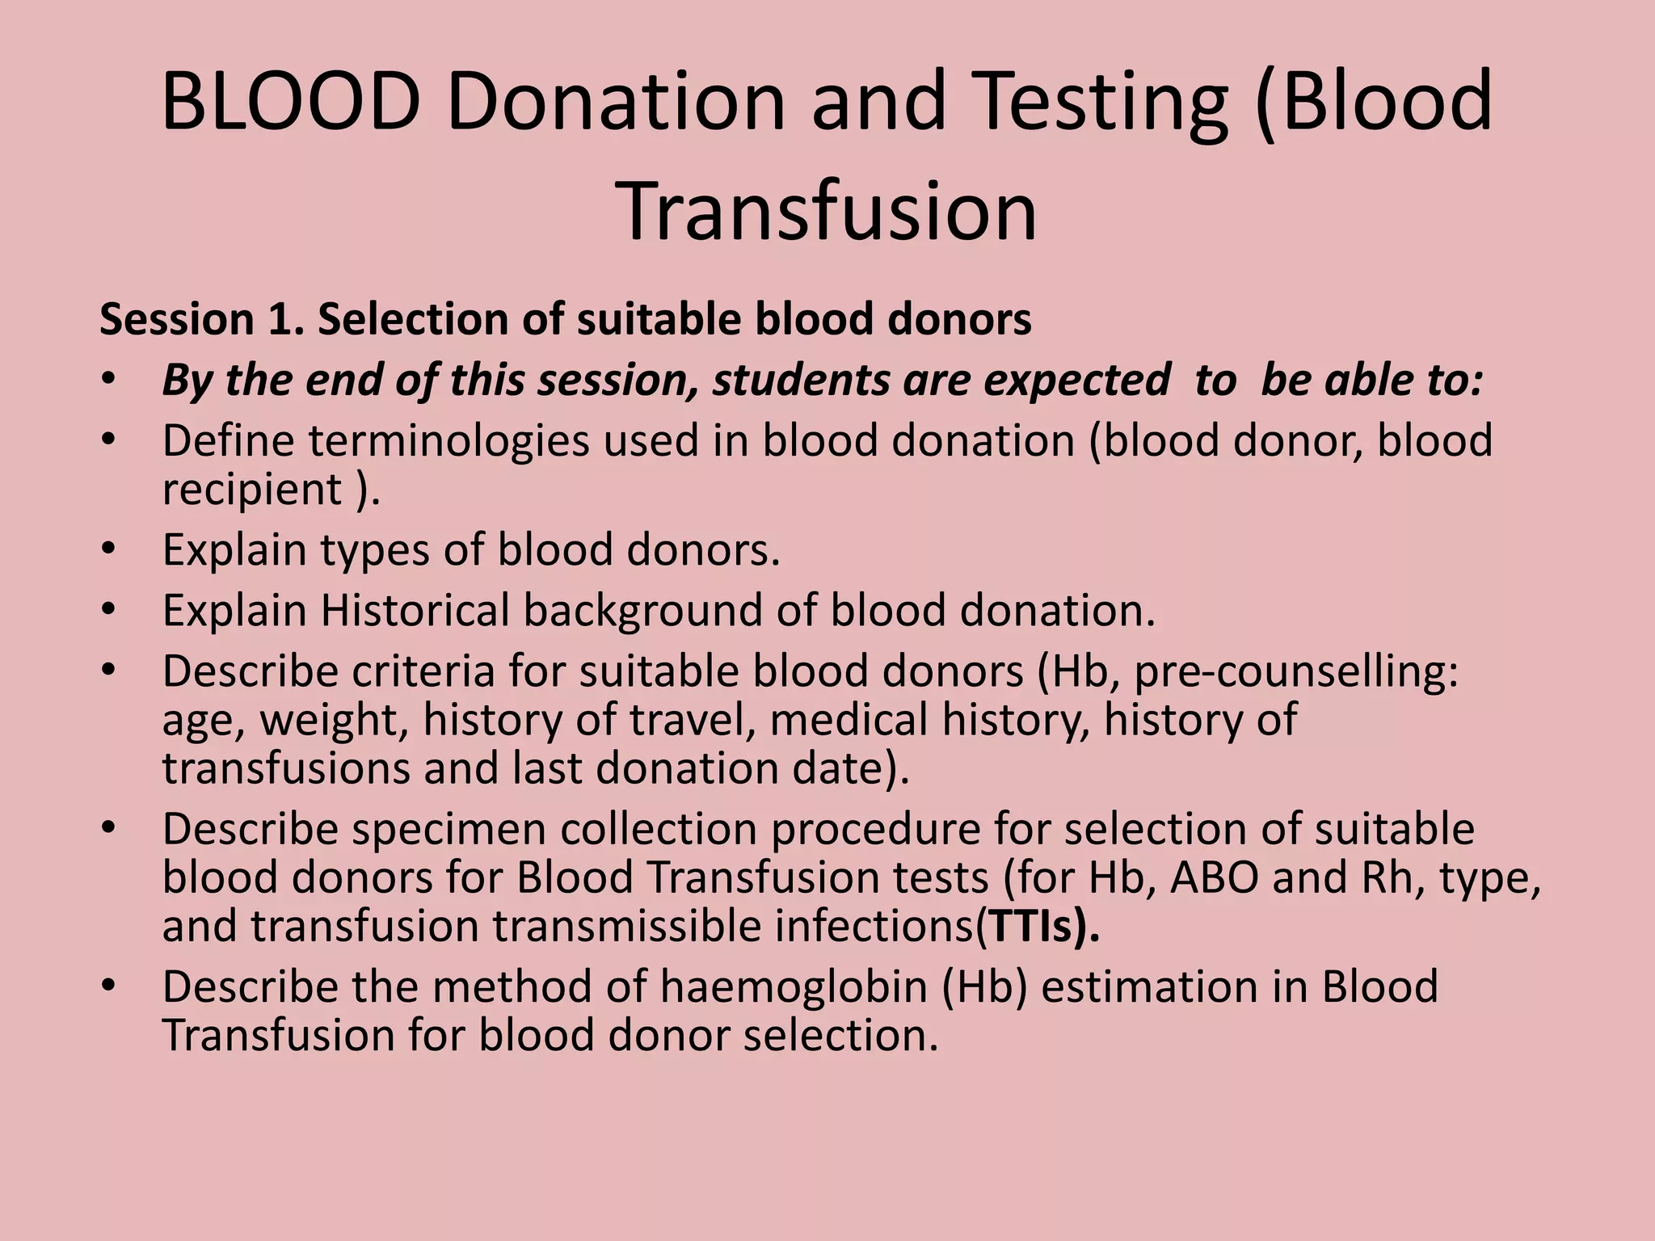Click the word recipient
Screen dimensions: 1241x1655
tap(252, 490)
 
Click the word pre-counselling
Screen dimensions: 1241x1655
tap(1296, 672)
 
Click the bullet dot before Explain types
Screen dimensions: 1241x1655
tap(109, 550)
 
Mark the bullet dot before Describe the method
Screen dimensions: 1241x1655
tap(109, 987)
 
